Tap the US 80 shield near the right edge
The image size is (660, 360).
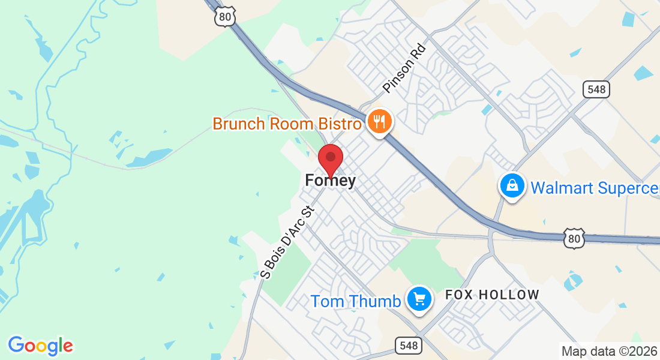click(x=574, y=238)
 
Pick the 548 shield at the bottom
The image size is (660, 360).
click(x=408, y=345)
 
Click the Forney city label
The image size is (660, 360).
click(x=330, y=180)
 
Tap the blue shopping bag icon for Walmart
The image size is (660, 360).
click(x=512, y=186)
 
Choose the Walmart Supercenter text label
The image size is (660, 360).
click(x=595, y=188)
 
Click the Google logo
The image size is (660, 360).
click(x=40, y=346)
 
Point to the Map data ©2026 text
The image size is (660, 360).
click(x=609, y=351)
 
